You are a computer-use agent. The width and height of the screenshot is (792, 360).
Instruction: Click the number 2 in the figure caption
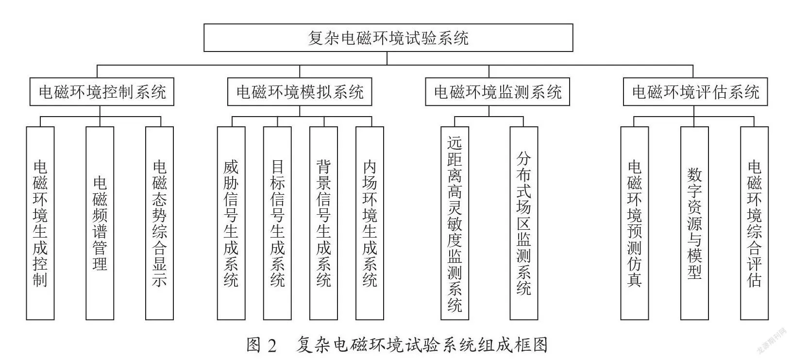(272, 345)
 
